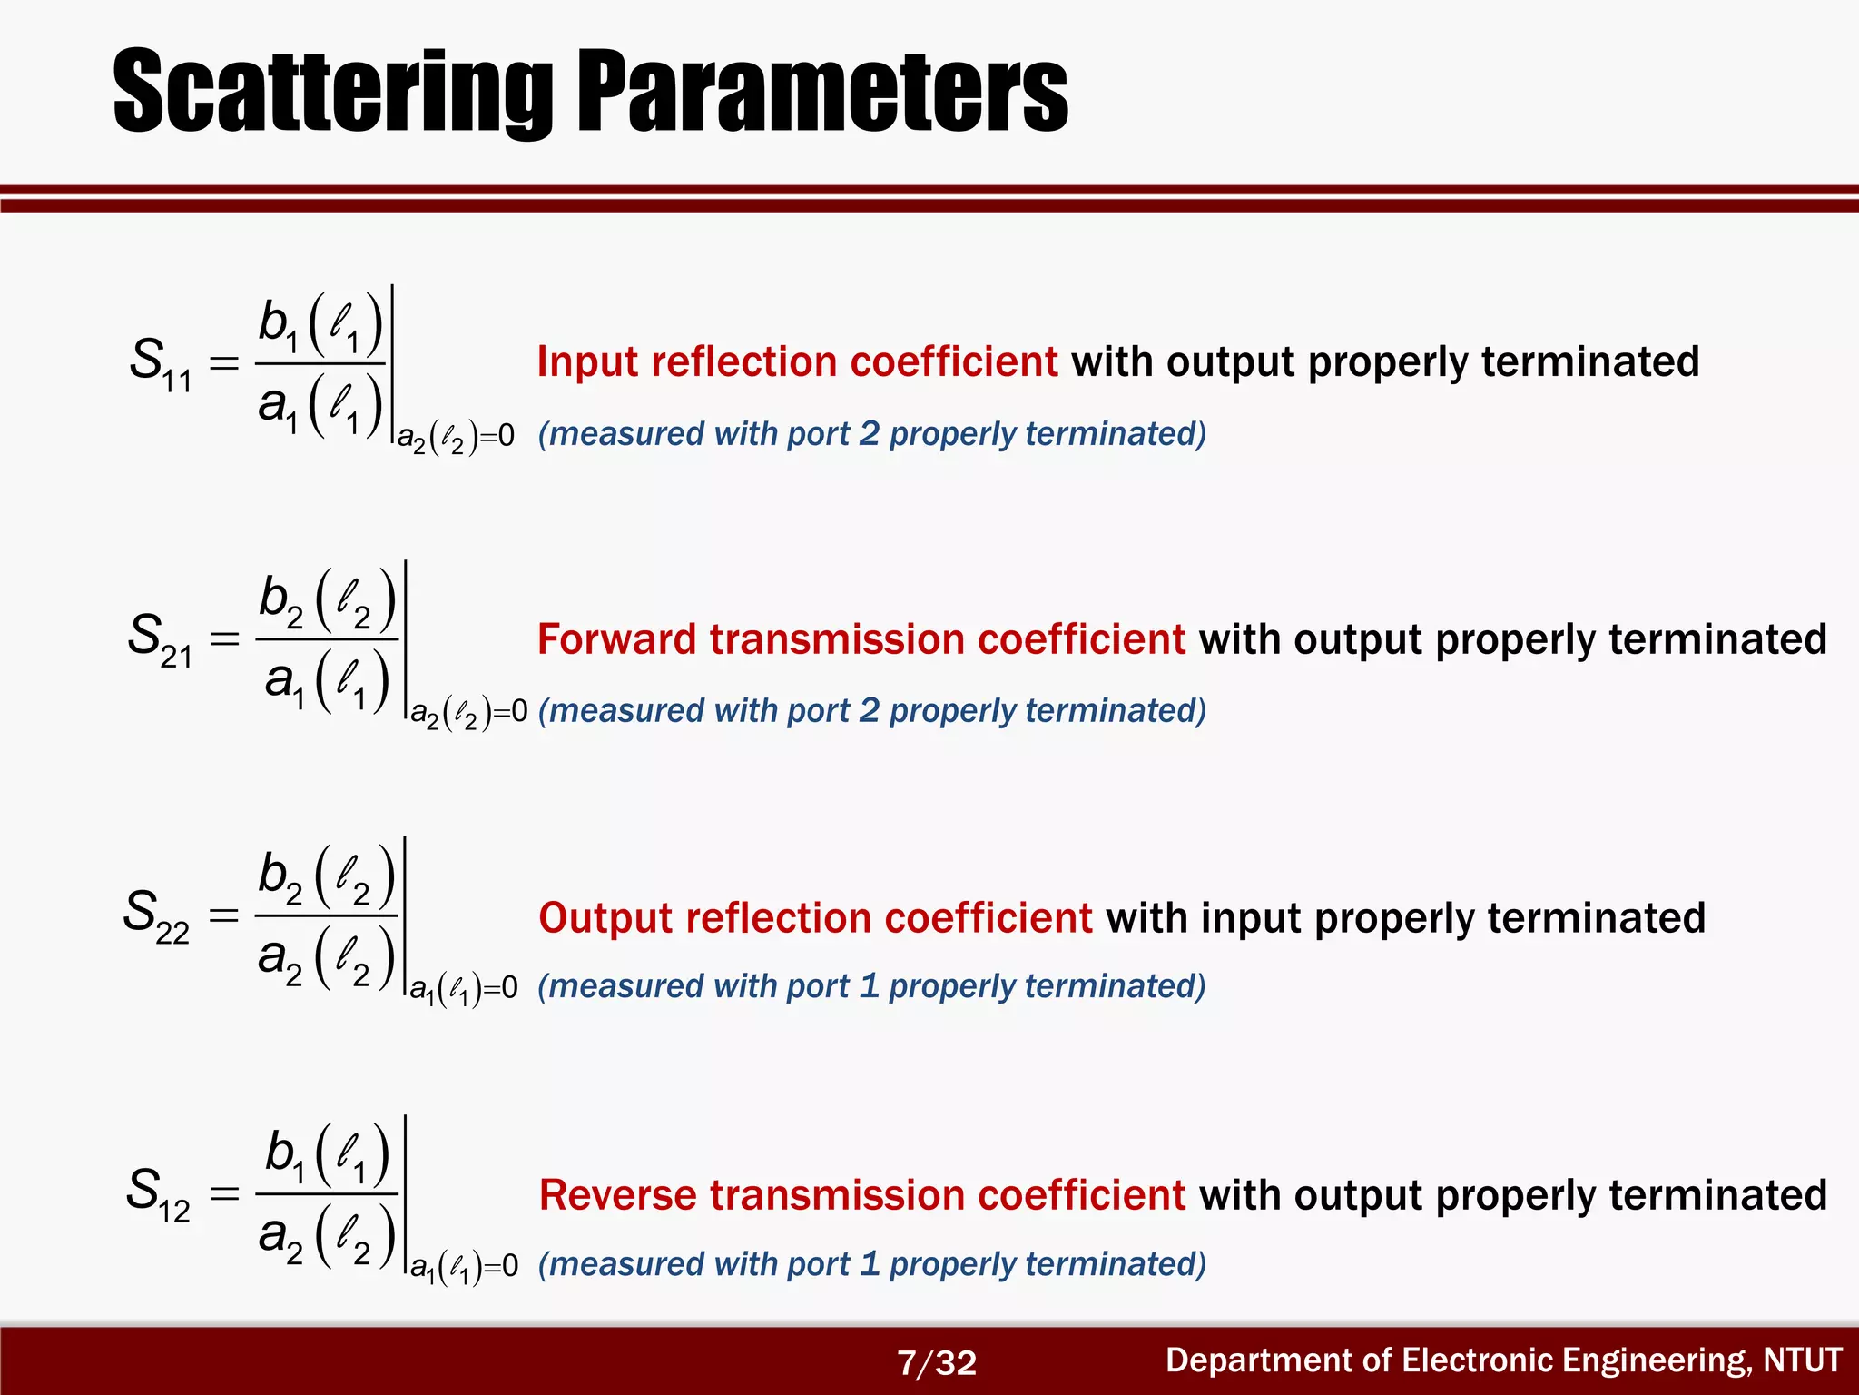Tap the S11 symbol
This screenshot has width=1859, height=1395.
(160, 364)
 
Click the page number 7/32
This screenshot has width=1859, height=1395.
(936, 1362)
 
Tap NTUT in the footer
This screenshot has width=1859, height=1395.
(1802, 1360)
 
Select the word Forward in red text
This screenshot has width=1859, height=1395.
(617, 639)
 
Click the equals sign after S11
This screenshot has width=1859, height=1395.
(224, 364)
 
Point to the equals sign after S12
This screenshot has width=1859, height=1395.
(224, 1193)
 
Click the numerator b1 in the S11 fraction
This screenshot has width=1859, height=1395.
(279, 325)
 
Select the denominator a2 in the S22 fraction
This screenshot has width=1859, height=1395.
(280, 960)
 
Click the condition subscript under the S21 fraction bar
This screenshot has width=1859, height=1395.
(468, 713)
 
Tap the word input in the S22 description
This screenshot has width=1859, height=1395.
(1250, 918)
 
